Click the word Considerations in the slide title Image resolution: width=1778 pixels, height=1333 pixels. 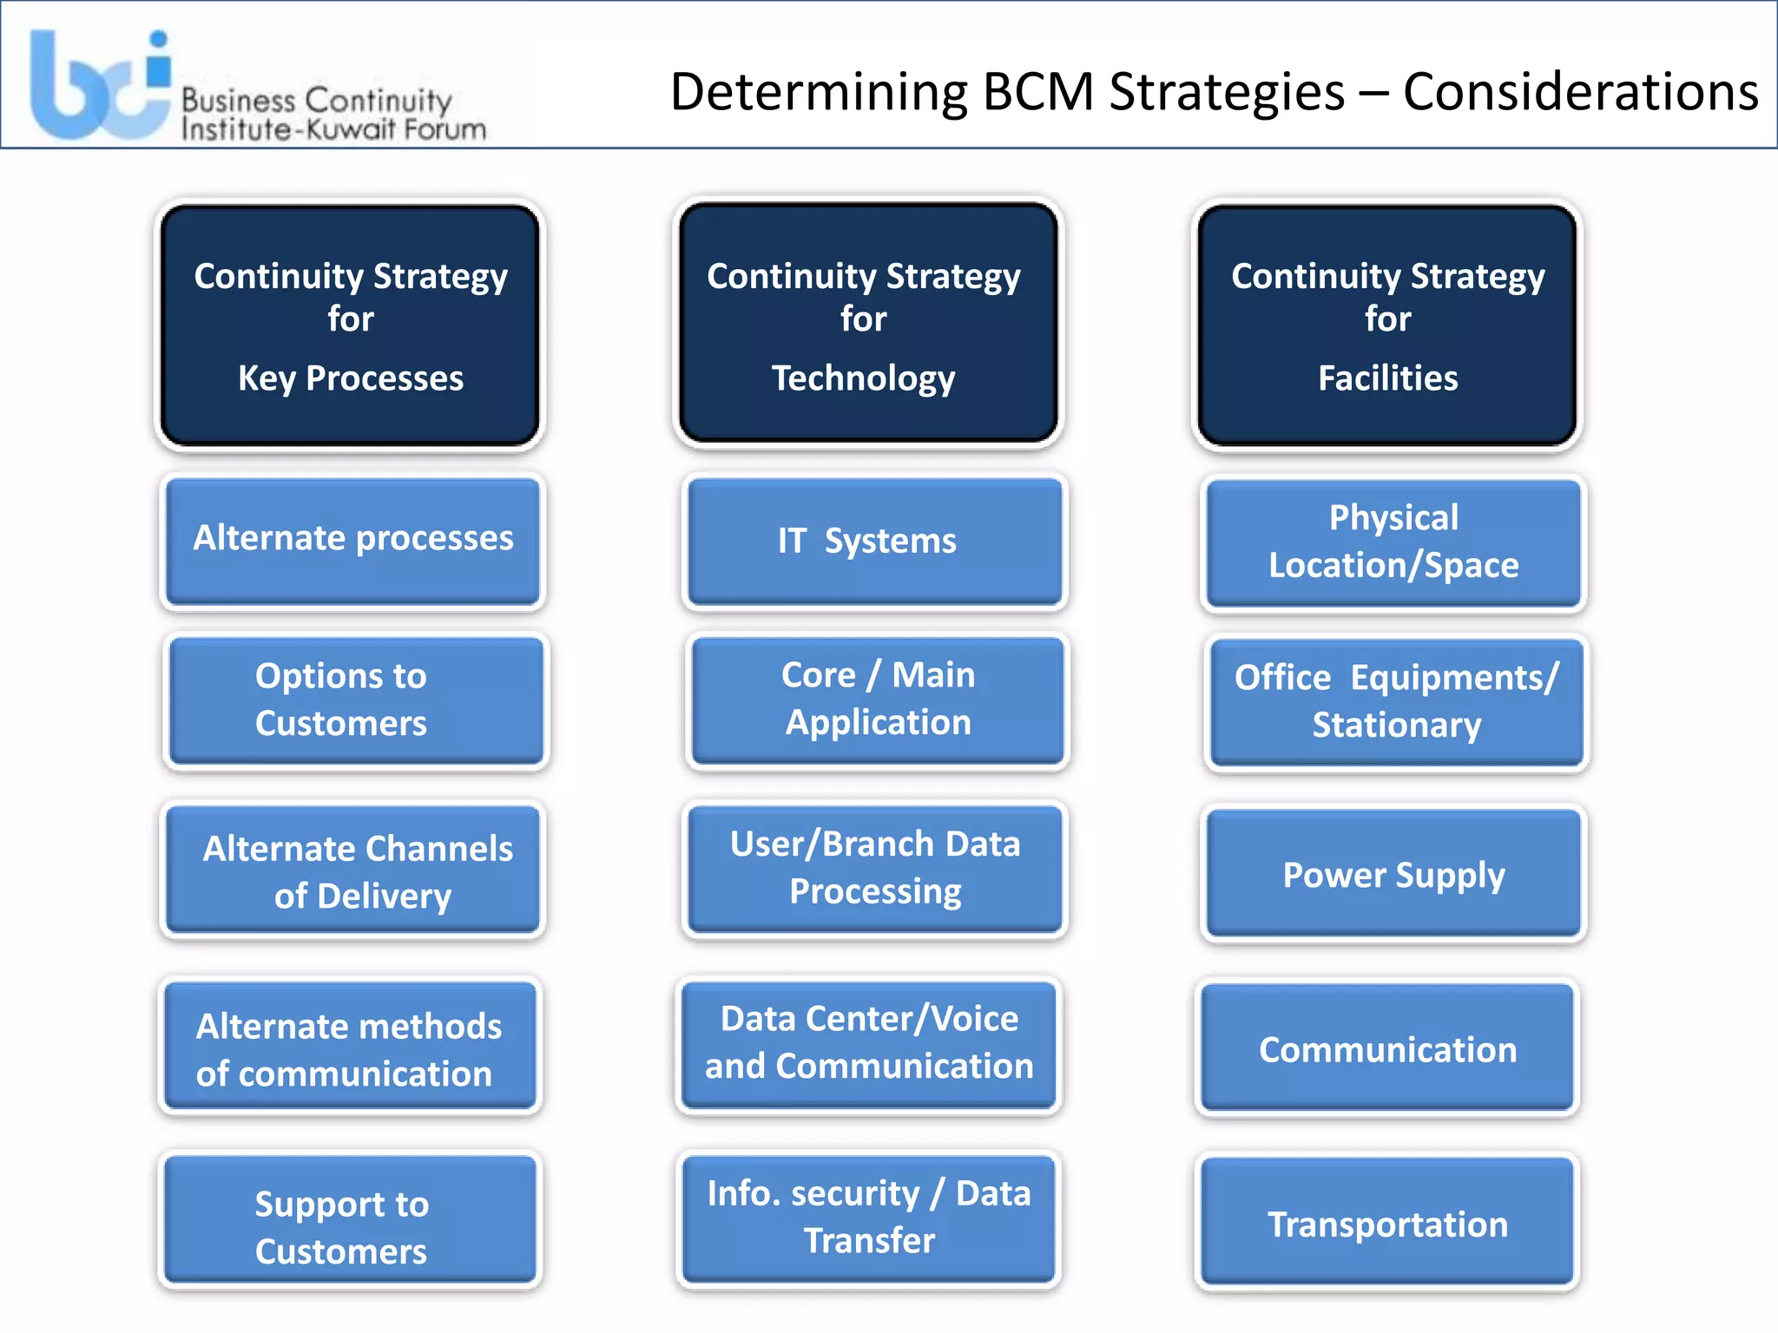(1580, 92)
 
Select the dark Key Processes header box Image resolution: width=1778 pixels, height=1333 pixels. (351, 325)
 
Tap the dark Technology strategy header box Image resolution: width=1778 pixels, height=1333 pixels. (867, 324)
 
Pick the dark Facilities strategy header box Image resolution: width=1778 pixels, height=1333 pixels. (1387, 325)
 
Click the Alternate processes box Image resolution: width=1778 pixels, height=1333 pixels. (352, 541)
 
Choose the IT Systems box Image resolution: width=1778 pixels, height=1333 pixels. (874, 542)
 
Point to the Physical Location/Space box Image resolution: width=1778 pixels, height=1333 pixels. (1393, 542)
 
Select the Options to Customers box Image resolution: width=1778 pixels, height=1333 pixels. (356, 700)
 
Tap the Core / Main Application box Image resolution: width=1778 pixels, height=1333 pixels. (878, 699)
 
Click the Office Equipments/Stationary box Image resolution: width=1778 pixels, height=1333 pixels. (1396, 701)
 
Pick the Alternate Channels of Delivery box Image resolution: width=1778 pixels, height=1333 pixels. (352, 870)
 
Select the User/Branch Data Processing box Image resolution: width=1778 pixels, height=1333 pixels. (874, 869)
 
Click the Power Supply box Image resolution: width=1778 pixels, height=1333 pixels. (1393, 873)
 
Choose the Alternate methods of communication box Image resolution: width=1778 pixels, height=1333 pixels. (350, 1047)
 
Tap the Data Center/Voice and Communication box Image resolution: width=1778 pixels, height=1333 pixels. (869, 1044)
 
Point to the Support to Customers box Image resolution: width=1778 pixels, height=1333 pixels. (350, 1220)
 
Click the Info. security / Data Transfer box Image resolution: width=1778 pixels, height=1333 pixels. (869, 1218)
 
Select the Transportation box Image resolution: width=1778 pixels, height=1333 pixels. (1387, 1222)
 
